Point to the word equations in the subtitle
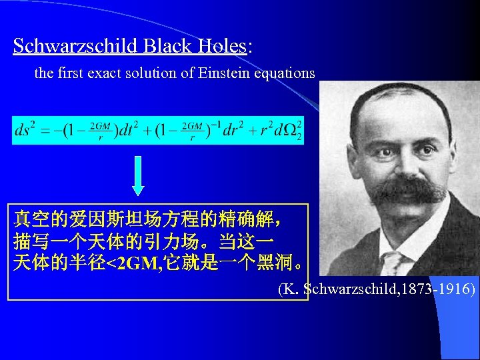coord(285,74)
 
